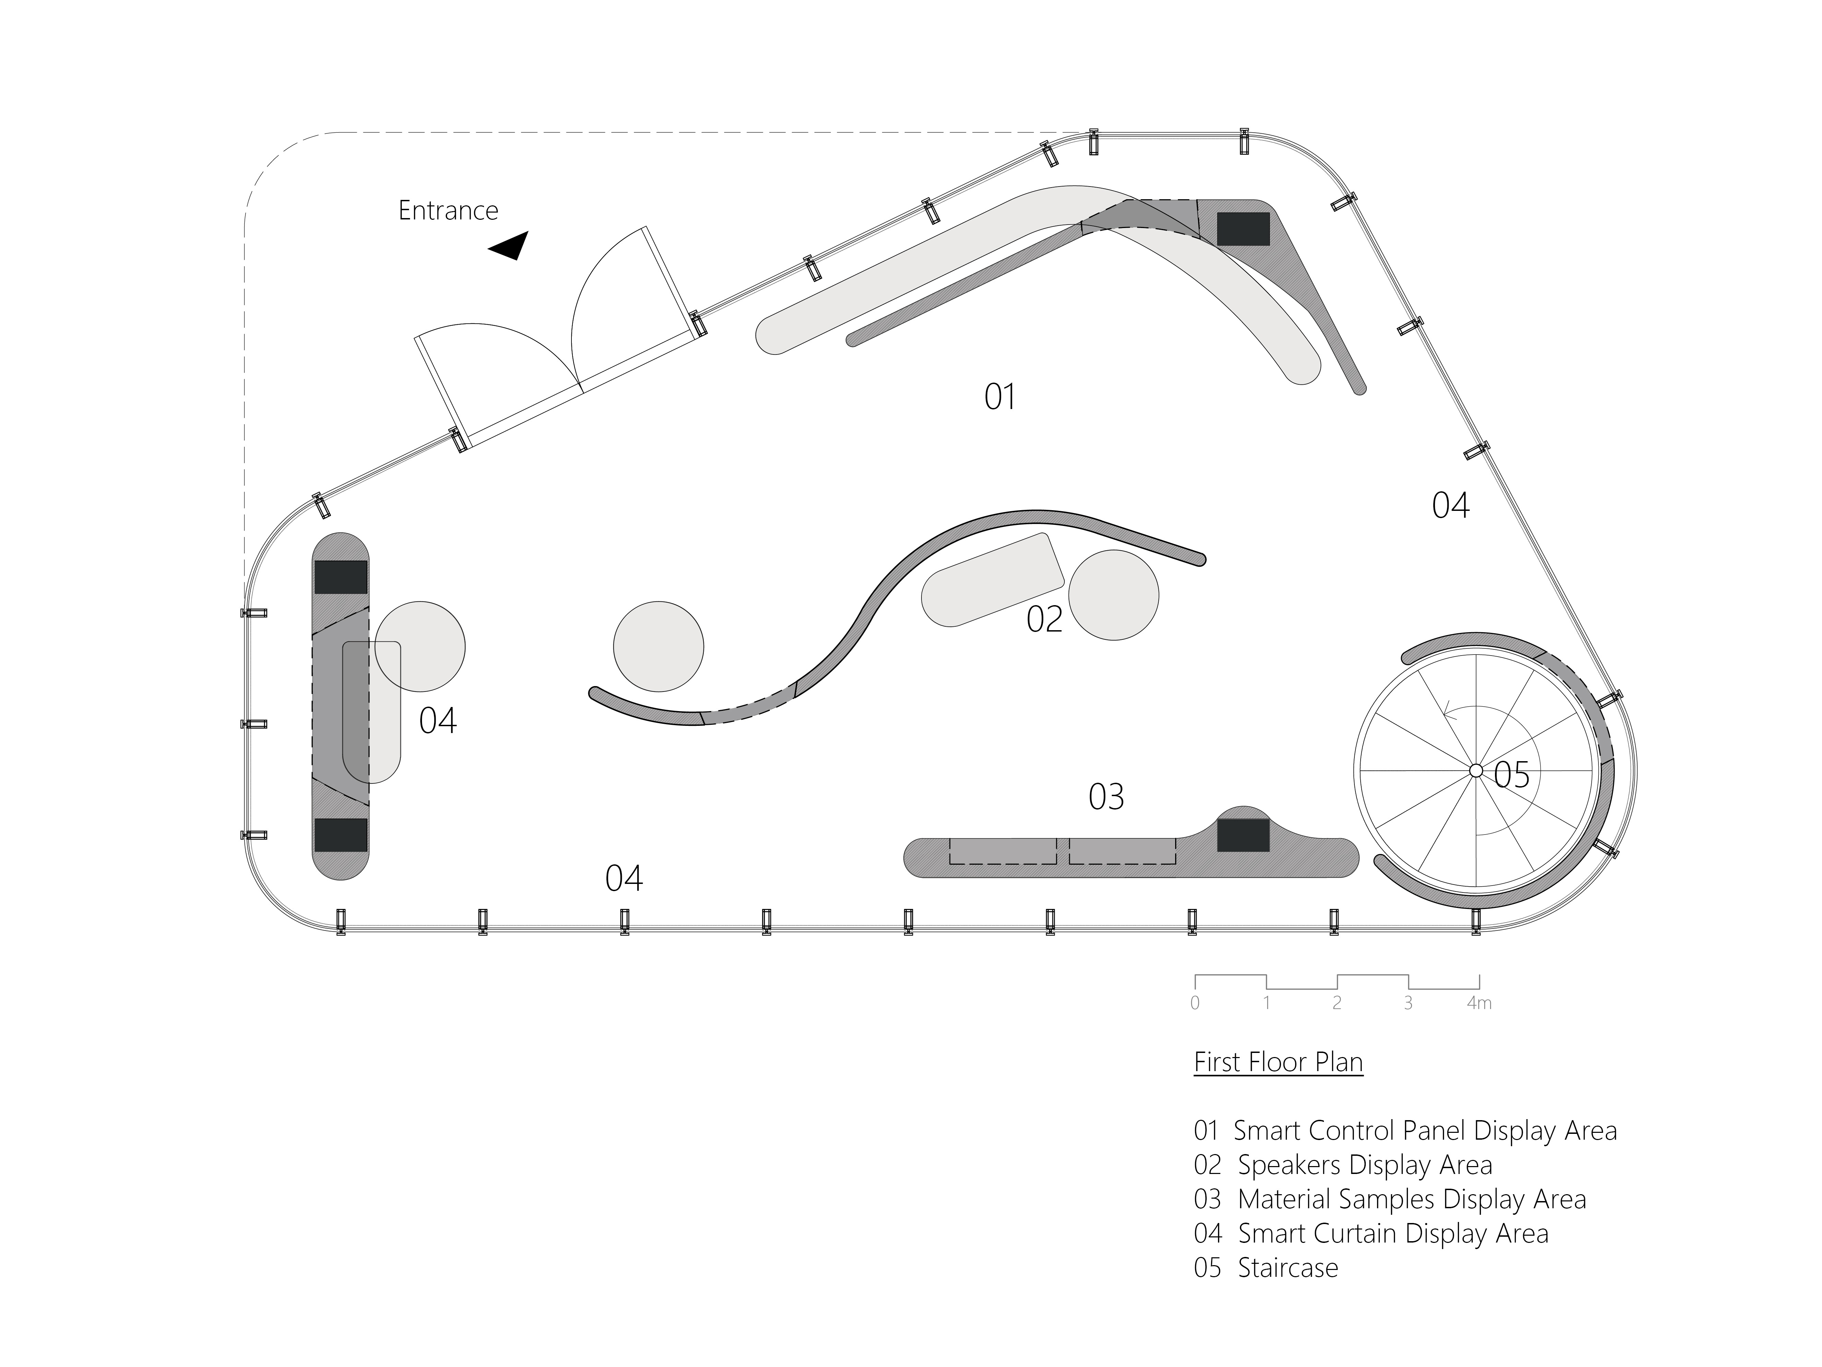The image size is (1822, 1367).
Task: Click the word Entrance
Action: (448, 211)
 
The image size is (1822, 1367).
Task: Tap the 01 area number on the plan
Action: (1000, 397)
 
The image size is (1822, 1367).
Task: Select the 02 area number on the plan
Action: (1045, 620)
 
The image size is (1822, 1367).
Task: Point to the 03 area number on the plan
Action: (1106, 797)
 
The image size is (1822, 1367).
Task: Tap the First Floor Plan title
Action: (1278, 1062)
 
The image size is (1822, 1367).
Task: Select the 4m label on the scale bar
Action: (1479, 1003)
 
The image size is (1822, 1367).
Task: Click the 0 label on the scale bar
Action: (1195, 1003)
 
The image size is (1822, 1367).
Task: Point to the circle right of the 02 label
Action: (1114, 595)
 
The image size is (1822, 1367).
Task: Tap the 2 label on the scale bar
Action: (1337, 1003)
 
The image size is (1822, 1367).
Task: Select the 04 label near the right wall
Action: (1450, 506)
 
